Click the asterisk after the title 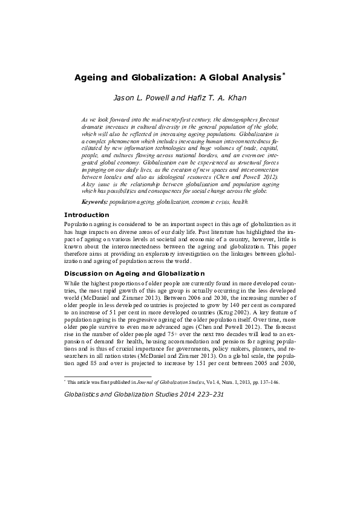(x=284, y=75)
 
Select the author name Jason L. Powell (x=140, y=97)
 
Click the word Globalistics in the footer (x=83, y=394)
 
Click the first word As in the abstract (x=85, y=120)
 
